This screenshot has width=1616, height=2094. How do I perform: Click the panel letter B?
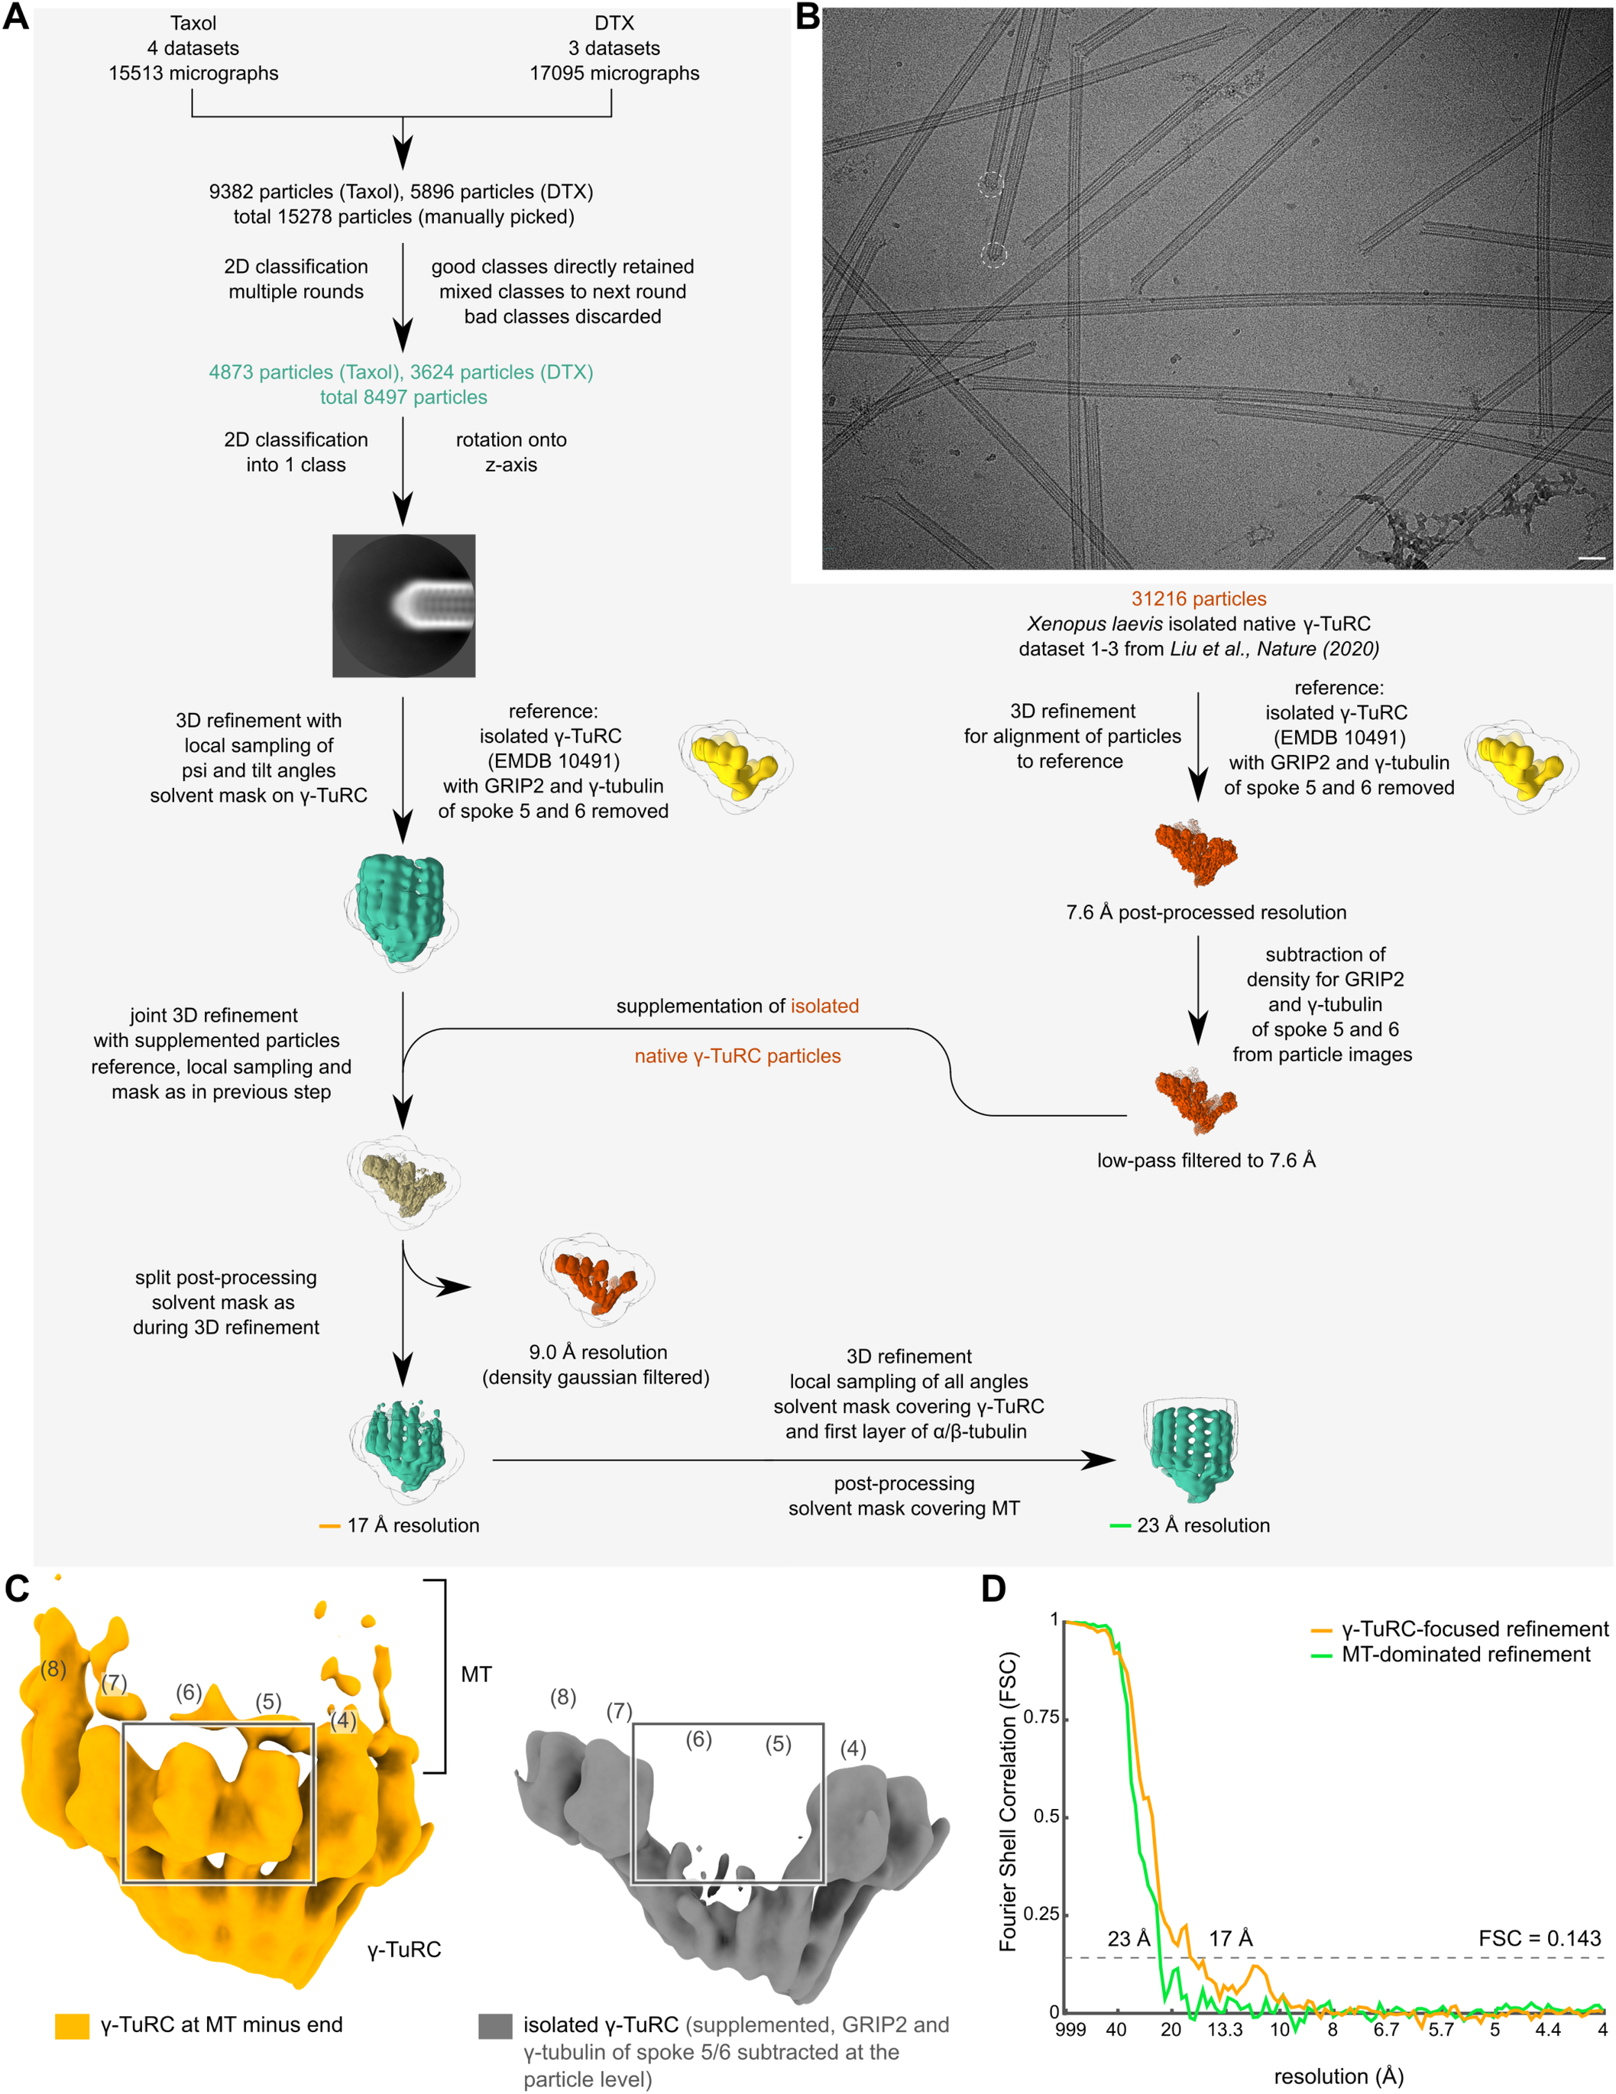(x=807, y=18)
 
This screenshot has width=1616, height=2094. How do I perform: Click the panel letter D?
(x=993, y=1589)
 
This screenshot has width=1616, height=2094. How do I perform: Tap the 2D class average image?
(x=403, y=606)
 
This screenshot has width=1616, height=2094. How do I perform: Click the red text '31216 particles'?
(x=1198, y=599)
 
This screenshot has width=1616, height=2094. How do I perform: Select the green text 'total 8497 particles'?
(x=403, y=397)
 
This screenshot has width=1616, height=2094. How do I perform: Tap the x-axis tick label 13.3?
(x=1224, y=2030)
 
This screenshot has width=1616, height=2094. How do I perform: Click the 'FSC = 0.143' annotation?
(x=1540, y=1939)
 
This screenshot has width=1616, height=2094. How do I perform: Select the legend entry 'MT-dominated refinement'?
(x=1465, y=1654)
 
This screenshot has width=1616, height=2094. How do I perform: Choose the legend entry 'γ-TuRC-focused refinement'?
(x=1474, y=1629)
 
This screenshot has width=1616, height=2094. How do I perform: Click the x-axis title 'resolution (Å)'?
(x=1338, y=2076)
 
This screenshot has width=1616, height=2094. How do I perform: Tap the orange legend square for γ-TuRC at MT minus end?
(x=72, y=2026)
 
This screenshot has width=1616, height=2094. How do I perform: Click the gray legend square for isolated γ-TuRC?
(x=494, y=2026)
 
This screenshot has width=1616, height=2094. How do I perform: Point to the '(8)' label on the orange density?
(x=53, y=1669)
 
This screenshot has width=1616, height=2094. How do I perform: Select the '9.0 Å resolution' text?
(x=598, y=1352)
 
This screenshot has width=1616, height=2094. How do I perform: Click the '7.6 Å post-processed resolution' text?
(x=1206, y=912)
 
